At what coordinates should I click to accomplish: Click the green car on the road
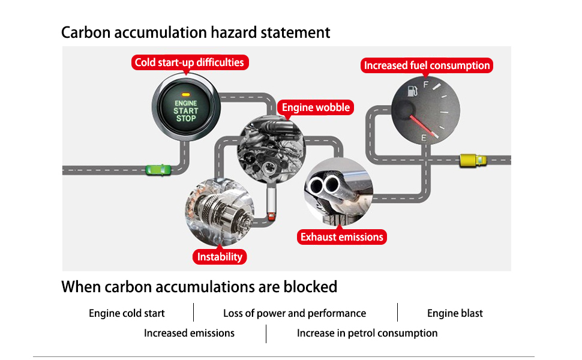point(158,170)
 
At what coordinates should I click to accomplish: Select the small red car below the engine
point(271,216)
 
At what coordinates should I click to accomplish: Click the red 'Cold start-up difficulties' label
point(190,62)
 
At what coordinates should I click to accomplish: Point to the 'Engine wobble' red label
point(316,107)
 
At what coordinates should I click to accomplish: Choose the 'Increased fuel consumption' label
point(427,65)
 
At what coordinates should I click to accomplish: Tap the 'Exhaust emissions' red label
point(341,237)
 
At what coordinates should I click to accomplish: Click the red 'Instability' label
point(220,257)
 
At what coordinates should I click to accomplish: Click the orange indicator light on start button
point(186,95)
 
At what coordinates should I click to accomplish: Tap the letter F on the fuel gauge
point(426,85)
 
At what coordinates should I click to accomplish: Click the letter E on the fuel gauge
point(424,139)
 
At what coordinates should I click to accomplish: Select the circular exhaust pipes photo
point(338,191)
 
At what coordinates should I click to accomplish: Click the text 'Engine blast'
point(455,313)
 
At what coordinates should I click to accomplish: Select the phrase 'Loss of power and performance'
point(295,313)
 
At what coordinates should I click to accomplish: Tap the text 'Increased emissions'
point(189,333)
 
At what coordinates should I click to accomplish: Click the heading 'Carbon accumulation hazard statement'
point(196,32)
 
